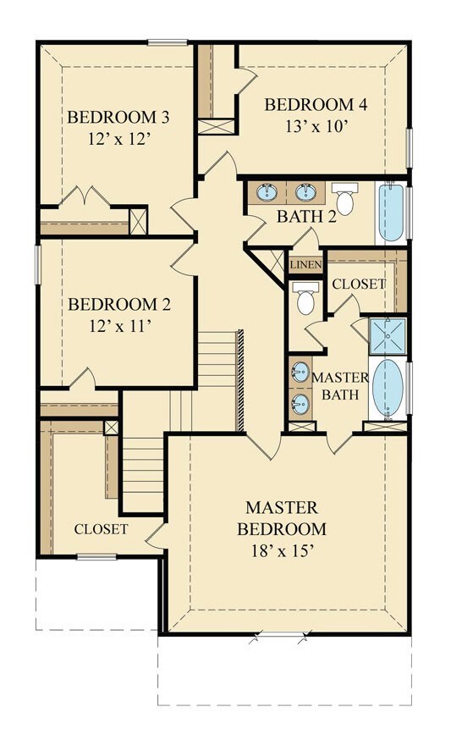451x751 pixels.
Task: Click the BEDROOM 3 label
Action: point(118,118)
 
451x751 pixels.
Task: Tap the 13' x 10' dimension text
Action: point(316,126)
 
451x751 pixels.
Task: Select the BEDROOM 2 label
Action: point(119,305)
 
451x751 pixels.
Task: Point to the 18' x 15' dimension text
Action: point(283,551)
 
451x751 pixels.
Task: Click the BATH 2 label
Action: point(307,217)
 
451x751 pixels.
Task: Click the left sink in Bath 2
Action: point(267,192)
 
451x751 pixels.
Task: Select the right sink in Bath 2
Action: point(305,192)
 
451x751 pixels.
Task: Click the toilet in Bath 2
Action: point(344,198)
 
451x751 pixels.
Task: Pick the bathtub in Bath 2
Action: point(391,213)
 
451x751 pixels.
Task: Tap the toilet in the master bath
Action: point(305,298)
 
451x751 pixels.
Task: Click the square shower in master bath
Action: point(388,336)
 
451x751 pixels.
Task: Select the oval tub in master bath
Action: point(388,388)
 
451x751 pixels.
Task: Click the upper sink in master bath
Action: point(300,373)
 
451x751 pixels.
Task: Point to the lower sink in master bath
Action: point(300,404)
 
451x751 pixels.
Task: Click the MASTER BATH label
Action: point(340,386)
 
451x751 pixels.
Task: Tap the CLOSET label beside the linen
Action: point(359,284)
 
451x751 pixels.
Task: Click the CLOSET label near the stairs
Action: point(101,529)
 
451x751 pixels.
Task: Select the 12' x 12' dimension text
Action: point(119,140)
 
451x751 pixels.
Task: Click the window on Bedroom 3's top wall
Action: point(168,42)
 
